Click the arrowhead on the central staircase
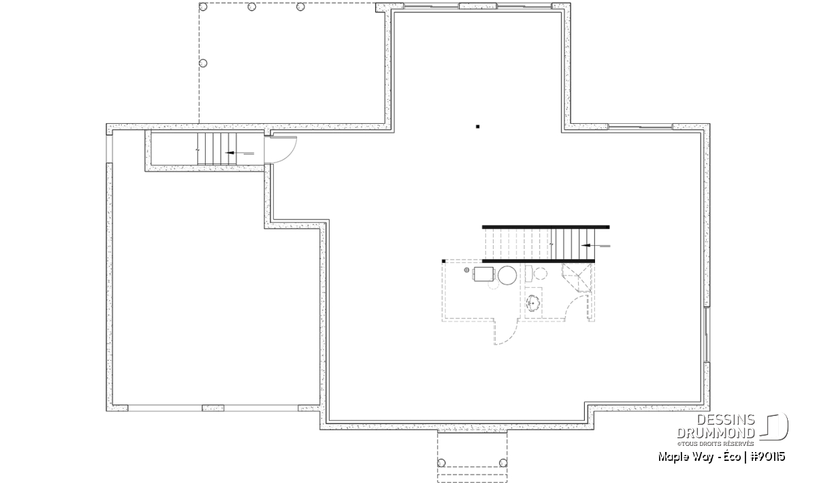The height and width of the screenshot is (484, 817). (586, 246)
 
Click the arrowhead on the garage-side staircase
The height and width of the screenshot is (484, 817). (230, 152)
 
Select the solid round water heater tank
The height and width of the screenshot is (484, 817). (507, 275)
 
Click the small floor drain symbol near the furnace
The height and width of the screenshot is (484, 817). (466, 270)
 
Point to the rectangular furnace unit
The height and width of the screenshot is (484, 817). (484, 274)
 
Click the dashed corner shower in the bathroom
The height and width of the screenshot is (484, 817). (576, 278)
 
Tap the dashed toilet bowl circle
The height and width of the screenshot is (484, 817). (541, 274)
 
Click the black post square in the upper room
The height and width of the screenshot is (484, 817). (477, 127)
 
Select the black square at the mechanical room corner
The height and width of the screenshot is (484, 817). (443, 261)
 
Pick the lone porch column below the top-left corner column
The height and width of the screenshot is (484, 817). (203, 63)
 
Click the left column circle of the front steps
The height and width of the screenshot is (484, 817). (441, 463)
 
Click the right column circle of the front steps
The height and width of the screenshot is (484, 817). (503, 463)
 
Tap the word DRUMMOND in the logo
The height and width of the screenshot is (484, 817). (716, 433)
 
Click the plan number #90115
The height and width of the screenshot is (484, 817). (767, 457)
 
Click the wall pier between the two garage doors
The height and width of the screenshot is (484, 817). (213, 408)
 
